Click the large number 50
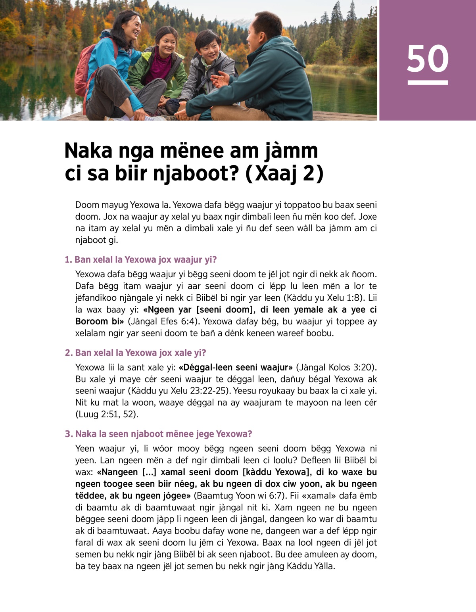click(x=428, y=59)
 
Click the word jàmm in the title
click(x=290, y=151)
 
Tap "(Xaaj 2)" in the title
click(x=284, y=174)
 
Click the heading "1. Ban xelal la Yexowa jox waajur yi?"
click(x=140, y=260)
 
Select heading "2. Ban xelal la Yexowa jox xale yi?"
click(x=135, y=353)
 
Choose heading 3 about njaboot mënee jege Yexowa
click(x=158, y=434)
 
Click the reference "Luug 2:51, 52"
click(x=107, y=414)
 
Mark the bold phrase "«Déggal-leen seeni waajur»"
click(x=236, y=367)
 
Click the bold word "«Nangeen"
click(x=117, y=472)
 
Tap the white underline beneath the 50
click(x=428, y=82)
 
